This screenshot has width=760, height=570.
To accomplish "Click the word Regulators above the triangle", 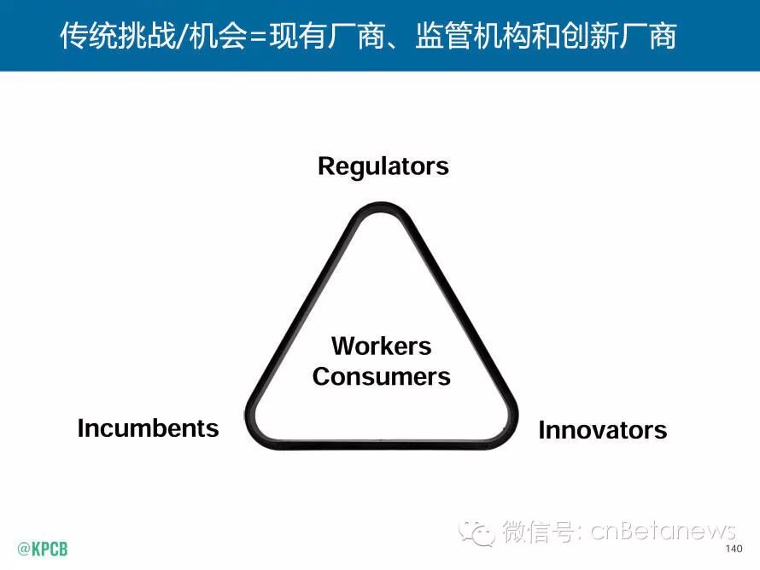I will pyautogui.click(x=383, y=166).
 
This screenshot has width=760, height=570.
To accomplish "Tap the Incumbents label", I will pyautogui.click(x=148, y=427).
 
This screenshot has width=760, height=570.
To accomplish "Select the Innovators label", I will pyautogui.click(x=602, y=430).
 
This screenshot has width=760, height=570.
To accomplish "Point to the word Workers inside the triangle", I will pyautogui.click(x=381, y=346).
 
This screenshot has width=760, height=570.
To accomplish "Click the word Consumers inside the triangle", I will pyautogui.click(x=381, y=375).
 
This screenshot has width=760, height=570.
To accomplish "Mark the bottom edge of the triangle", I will pyautogui.click(x=381, y=445).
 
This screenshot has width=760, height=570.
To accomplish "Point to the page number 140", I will pyautogui.click(x=733, y=549).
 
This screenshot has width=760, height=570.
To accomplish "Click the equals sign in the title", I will pyautogui.click(x=253, y=36).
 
